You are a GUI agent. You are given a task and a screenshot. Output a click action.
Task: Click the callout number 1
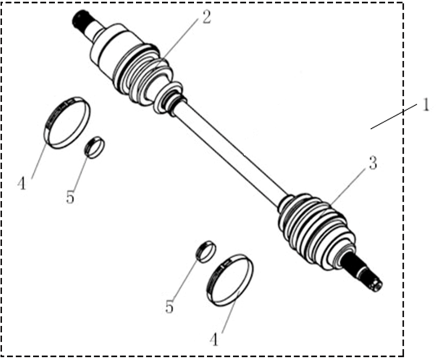coord(426,105)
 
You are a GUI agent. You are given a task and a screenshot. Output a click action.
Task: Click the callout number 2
coord(206,17)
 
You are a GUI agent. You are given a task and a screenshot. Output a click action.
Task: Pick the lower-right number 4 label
coord(214,339)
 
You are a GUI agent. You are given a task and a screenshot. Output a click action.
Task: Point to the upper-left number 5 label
coord(70,197)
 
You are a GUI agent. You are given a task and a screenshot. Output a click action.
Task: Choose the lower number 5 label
coord(169,307)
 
